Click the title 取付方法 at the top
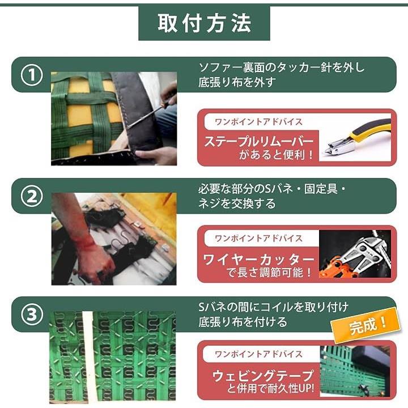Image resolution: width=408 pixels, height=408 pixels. click(204, 23)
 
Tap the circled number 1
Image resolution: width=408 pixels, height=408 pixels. click(32, 75)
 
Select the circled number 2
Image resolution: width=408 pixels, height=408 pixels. click(32, 197)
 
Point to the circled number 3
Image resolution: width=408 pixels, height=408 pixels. click(32, 314)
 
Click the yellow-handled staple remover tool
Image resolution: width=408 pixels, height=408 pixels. click(356, 139)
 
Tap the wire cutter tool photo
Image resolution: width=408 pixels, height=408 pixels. click(355, 254)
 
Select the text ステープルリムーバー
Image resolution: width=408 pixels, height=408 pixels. click(259, 142)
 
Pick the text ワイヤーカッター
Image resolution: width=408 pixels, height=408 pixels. click(258, 259)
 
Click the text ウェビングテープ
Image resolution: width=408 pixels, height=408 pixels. click(263, 376)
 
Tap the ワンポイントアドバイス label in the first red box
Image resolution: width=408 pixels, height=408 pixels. click(258, 122)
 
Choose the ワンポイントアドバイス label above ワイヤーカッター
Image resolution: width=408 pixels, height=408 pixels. click(258, 238)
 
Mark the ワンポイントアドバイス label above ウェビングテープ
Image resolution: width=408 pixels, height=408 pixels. click(258, 354)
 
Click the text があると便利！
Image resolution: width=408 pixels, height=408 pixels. click(277, 155)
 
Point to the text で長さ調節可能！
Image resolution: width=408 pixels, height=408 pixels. click(269, 273)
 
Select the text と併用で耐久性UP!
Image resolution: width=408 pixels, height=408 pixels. click(271, 389)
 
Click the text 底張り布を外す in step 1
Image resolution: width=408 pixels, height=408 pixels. click(237, 82)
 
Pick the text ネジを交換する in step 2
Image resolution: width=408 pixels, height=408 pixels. click(237, 203)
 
